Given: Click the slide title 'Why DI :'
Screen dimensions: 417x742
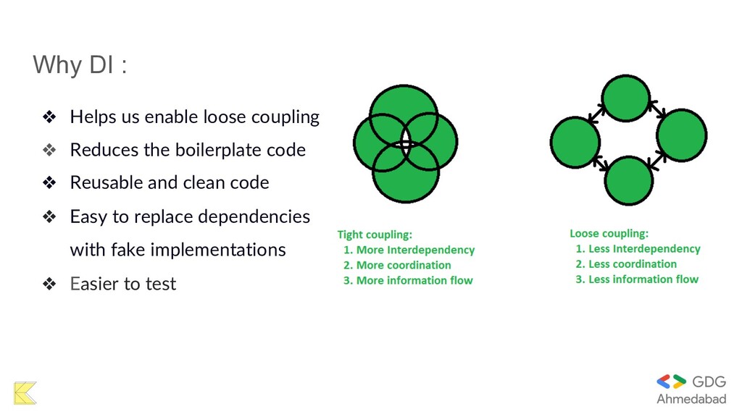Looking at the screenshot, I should (80, 65).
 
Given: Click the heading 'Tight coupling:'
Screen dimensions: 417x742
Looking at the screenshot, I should (375, 235).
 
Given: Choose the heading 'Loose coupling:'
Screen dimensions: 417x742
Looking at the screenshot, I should (609, 234).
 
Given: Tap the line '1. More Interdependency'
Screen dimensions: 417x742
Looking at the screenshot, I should (409, 250).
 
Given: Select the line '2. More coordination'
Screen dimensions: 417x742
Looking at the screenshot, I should (397, 265).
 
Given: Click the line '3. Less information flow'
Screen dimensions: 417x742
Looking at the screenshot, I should (637, 279).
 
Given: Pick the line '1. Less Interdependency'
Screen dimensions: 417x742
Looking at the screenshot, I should (638, 249).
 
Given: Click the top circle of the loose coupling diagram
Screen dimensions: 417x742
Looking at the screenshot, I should (626, 98).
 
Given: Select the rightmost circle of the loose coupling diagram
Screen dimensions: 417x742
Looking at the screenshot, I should (682, 135).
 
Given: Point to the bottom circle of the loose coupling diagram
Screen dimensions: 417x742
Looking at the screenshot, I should (628, 181).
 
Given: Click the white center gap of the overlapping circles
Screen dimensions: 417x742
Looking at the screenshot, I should (405, 142).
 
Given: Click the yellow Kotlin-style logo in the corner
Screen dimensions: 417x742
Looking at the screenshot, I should (25, 392).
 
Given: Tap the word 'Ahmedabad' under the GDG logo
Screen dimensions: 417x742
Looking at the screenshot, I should (691, 399).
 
